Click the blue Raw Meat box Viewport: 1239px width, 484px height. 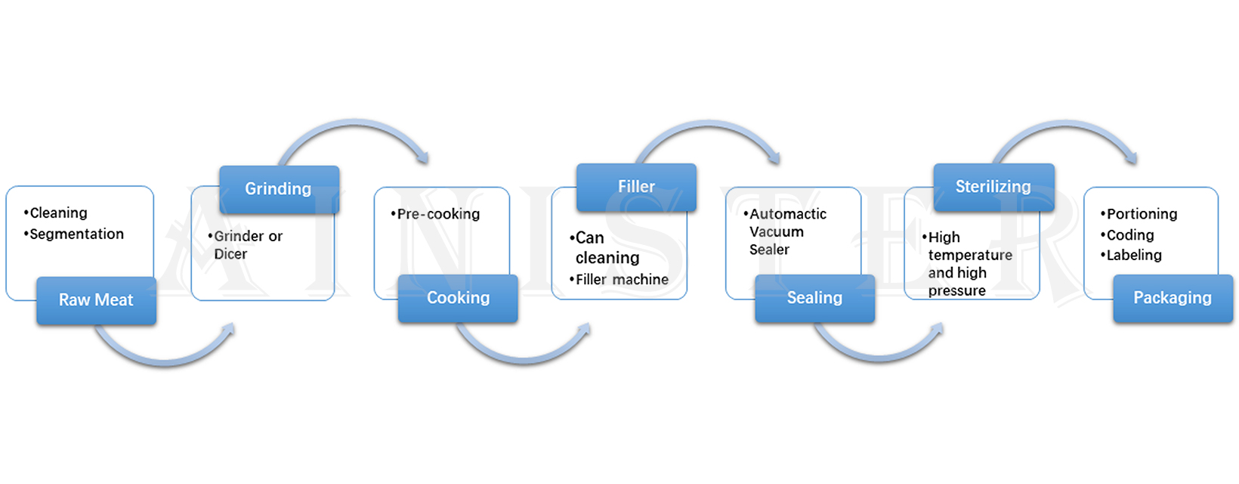click(x=96, y=300)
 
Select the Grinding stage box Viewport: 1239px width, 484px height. click(x=279, y=189)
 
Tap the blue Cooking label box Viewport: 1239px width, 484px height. click(x=458, y=298)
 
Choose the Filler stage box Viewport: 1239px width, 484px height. click(x=636, y=187)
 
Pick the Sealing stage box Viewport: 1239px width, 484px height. click(x=814, y=298)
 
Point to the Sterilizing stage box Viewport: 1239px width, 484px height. click(x=993, y=187)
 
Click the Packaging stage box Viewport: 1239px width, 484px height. click(x=1173, y=298)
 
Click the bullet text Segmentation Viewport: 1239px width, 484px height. click(x=76, y=234)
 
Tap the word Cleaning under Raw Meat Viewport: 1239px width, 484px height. click(x=58, y=213)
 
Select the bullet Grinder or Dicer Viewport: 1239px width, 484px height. click(x=247, y=245)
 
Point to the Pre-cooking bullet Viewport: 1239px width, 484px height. click(x=438, y=214)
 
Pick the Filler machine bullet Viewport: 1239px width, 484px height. click(x=622, y=280)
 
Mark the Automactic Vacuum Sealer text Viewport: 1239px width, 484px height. click(x=786, y=231)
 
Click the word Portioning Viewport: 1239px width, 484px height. click(x=1142, y=214)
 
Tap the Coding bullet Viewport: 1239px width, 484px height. click(x=1130, y=235)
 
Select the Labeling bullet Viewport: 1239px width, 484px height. click(x=1134, y=256)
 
